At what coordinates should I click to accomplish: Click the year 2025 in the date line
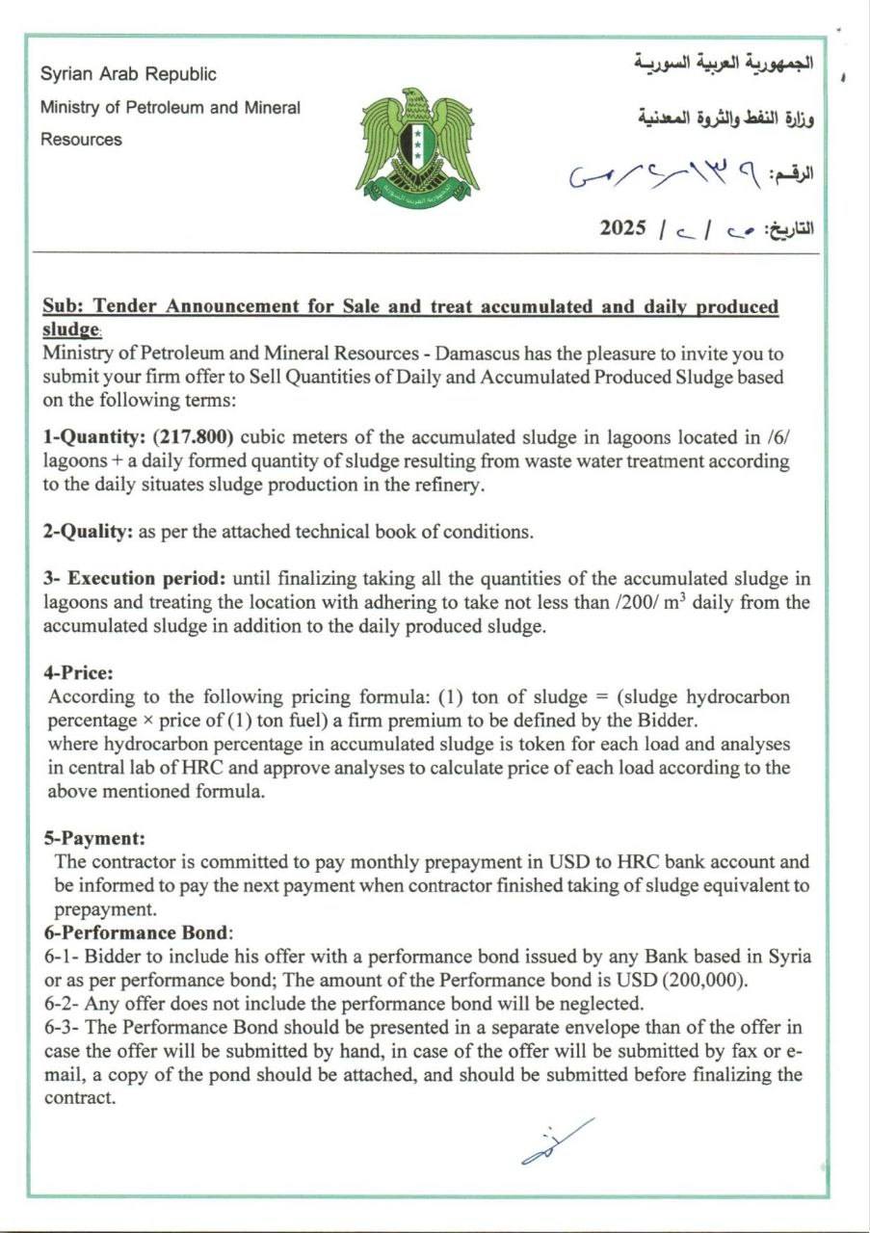(x=622, y=228)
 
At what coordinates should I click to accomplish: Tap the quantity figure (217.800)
(x=194, y=436)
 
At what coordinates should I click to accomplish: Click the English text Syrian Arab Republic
(x=128, y=74)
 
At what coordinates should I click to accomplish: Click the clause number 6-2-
(x=64, y=1002)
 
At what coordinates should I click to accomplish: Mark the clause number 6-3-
(x=64, y=1027)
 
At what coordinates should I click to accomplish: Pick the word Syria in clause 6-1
(x=789, y=957)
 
